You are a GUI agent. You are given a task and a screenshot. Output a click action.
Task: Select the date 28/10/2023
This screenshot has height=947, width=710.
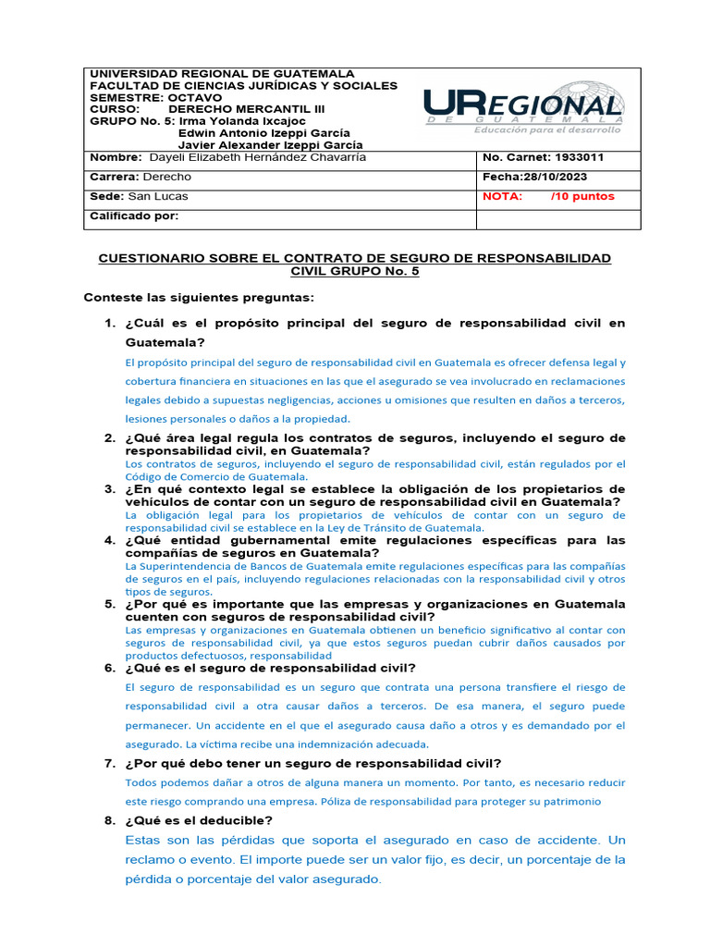[x=554, y=177]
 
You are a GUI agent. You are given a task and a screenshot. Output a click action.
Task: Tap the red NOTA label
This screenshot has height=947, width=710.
[x=503, y=196]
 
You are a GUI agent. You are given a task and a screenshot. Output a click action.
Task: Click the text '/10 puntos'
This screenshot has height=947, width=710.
[x=581, y=196]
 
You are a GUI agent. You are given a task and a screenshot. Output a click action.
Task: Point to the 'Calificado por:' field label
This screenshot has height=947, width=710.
[x=133, y=215]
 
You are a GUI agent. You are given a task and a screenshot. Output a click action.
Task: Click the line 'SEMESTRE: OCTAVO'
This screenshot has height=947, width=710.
[x=155, y=97]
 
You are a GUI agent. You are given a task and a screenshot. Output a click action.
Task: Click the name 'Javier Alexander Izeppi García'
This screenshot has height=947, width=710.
[x=270, y=145]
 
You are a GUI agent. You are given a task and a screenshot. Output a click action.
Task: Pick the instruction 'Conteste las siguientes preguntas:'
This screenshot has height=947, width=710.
[x=199, y=297]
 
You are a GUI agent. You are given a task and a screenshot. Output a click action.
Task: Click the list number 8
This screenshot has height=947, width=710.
[x=109, y=820]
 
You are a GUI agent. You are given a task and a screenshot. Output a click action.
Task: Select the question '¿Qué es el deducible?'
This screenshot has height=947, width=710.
[x=198, y=820]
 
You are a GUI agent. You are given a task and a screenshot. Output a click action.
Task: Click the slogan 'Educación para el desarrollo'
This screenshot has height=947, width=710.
[x=547, y=130]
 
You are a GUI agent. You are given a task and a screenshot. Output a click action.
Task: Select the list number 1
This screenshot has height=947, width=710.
[x=109, y=323]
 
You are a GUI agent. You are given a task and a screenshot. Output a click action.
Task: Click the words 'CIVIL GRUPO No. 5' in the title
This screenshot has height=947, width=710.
[x=355, y=271]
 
